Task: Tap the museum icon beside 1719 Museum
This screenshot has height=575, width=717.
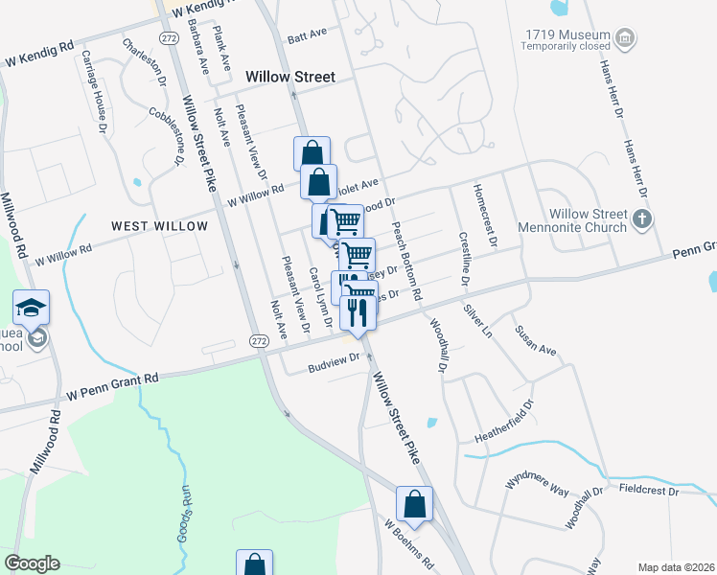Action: (625, 39)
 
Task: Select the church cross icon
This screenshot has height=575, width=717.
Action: (643, 220)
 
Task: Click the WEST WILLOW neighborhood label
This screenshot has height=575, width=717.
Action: (159, 226)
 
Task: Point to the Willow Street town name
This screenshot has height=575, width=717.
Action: (289, 77)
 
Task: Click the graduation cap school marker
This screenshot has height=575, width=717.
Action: (32, 308)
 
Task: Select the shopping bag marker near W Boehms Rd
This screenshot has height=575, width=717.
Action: (414, 504)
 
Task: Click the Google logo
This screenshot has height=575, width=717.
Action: (32, 563)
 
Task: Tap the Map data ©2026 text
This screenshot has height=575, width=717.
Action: (677, 567)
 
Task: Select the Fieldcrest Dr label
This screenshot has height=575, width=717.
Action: (649, 491)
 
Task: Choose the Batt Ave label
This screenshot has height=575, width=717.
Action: (309, 32)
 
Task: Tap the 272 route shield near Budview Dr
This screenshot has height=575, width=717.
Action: (258, 340)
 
